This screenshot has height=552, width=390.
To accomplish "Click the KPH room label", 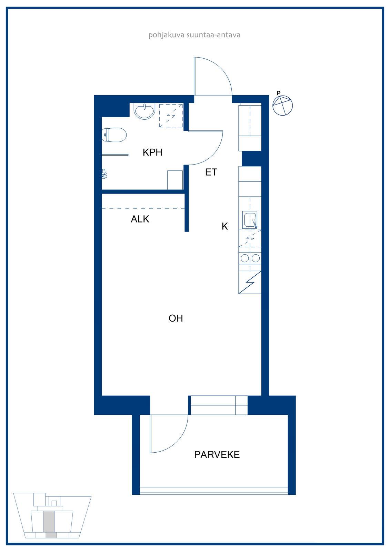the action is coord(152,152).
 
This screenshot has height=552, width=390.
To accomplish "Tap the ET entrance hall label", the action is coord(211,172).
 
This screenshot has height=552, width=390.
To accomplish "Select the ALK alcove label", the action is coord(140,219).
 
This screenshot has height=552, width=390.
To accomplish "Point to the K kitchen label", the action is coord(225,226).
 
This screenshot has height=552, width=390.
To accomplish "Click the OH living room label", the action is coord(176,318).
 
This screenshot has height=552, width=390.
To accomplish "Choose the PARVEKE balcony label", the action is coord(217,454).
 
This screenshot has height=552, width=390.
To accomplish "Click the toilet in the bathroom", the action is coord(114,135).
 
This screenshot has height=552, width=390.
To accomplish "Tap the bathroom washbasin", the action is coord(144,111).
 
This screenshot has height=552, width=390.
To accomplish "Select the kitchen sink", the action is coord(250,219).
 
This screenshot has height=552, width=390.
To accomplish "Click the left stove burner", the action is coord(244,258).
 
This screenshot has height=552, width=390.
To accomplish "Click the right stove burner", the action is coord(256,258).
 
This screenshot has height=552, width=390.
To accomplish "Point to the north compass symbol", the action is coord(282,106).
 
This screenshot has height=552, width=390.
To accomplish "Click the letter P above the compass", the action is coord(279,93).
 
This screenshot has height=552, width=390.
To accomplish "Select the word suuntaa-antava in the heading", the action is coord(213,35).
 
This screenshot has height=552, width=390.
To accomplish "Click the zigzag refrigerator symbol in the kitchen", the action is coord(250,283).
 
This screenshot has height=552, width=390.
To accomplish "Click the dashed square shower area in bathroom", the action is coord(171,116).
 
